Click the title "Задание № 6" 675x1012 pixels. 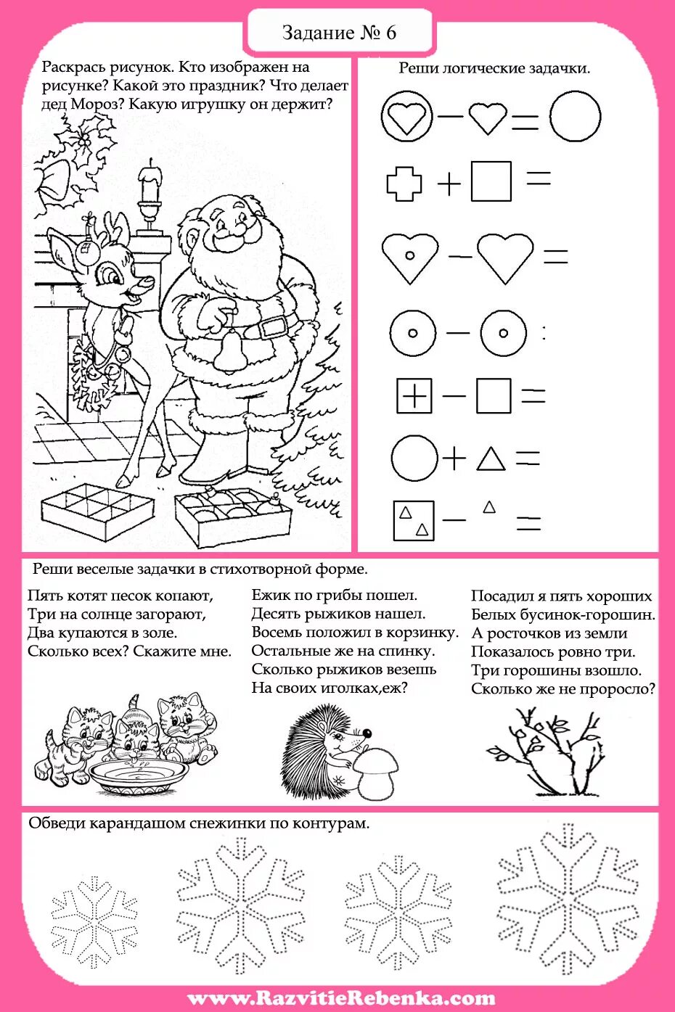339,33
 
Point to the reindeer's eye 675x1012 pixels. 112,276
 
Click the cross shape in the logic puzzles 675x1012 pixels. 404,183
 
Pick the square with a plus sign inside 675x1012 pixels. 414,396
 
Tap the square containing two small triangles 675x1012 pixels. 414,520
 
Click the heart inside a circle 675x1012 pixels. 406,116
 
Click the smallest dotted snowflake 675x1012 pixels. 94,921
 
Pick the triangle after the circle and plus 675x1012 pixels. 491,459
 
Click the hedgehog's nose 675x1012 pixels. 367,733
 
